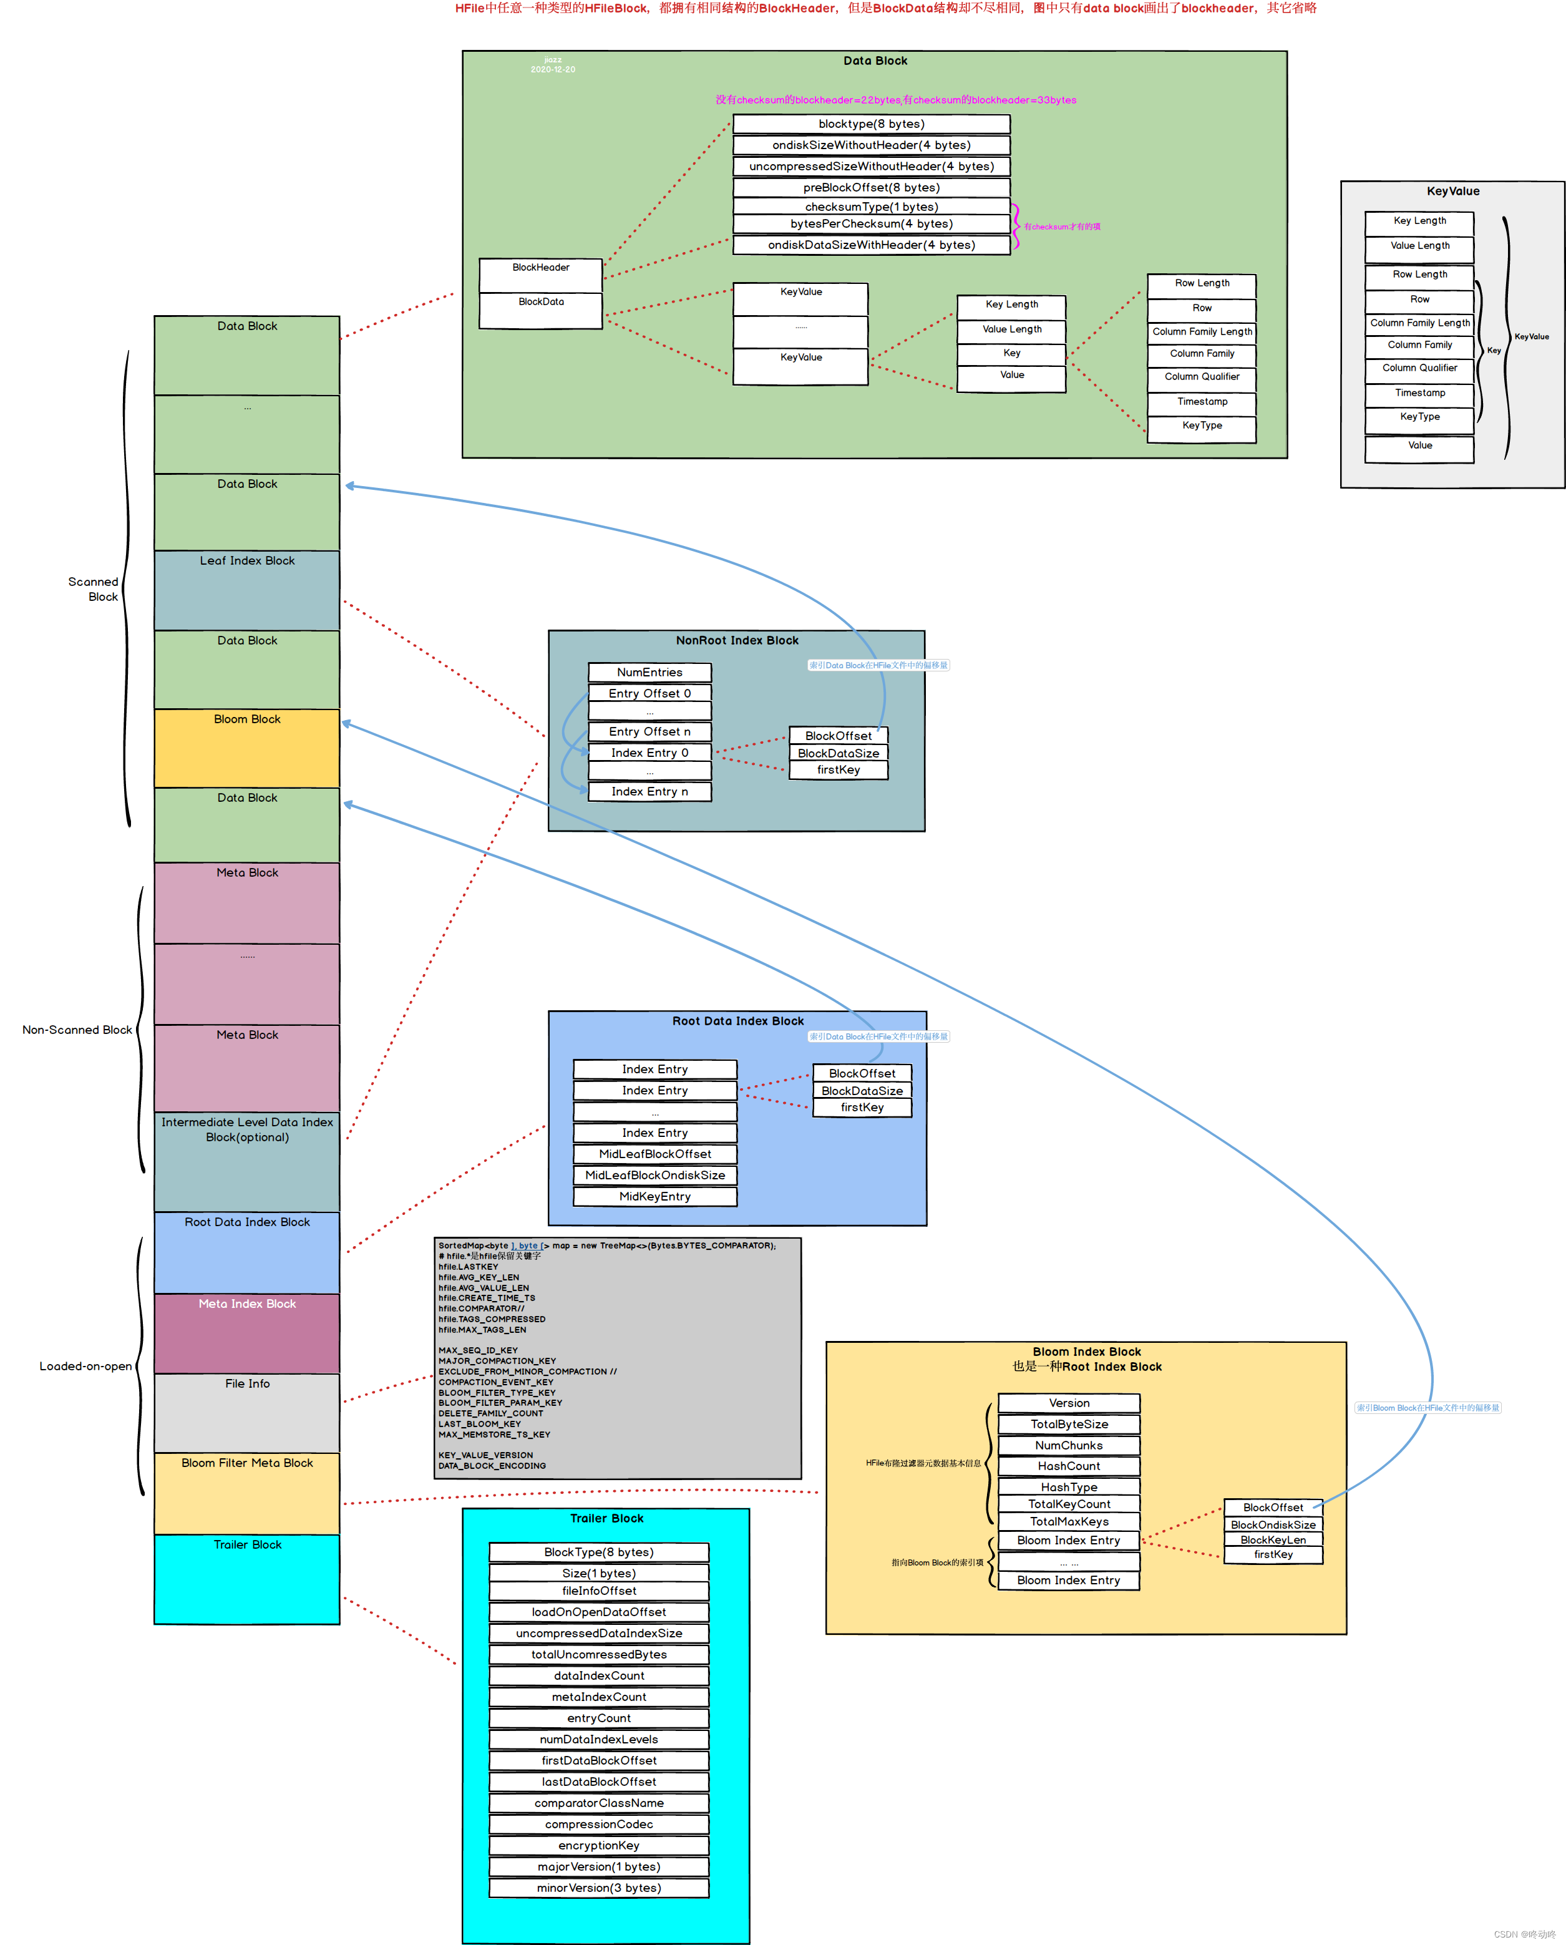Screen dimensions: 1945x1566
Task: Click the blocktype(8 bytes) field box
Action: [872, 124]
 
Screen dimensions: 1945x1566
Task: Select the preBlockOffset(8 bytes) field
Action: [872, 188]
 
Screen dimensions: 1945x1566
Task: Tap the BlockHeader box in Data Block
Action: [540, 268]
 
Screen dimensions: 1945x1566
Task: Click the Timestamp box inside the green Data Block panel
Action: [1202, 401]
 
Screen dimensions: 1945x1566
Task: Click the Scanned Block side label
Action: [93, 589]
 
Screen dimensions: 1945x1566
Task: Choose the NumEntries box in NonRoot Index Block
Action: [649, 672]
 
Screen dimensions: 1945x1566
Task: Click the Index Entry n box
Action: [649, 791]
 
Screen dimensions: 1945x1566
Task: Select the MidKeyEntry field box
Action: [655, 1196]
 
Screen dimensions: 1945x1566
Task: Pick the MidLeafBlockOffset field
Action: [655, 1154]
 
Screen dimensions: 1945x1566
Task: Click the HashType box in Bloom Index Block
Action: [1069, 1487]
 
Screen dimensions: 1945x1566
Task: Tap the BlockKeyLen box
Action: [1273, 1540]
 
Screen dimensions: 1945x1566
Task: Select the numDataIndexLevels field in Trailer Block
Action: [599, 1739]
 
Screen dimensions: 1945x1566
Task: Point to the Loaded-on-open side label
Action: [85, 1366]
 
